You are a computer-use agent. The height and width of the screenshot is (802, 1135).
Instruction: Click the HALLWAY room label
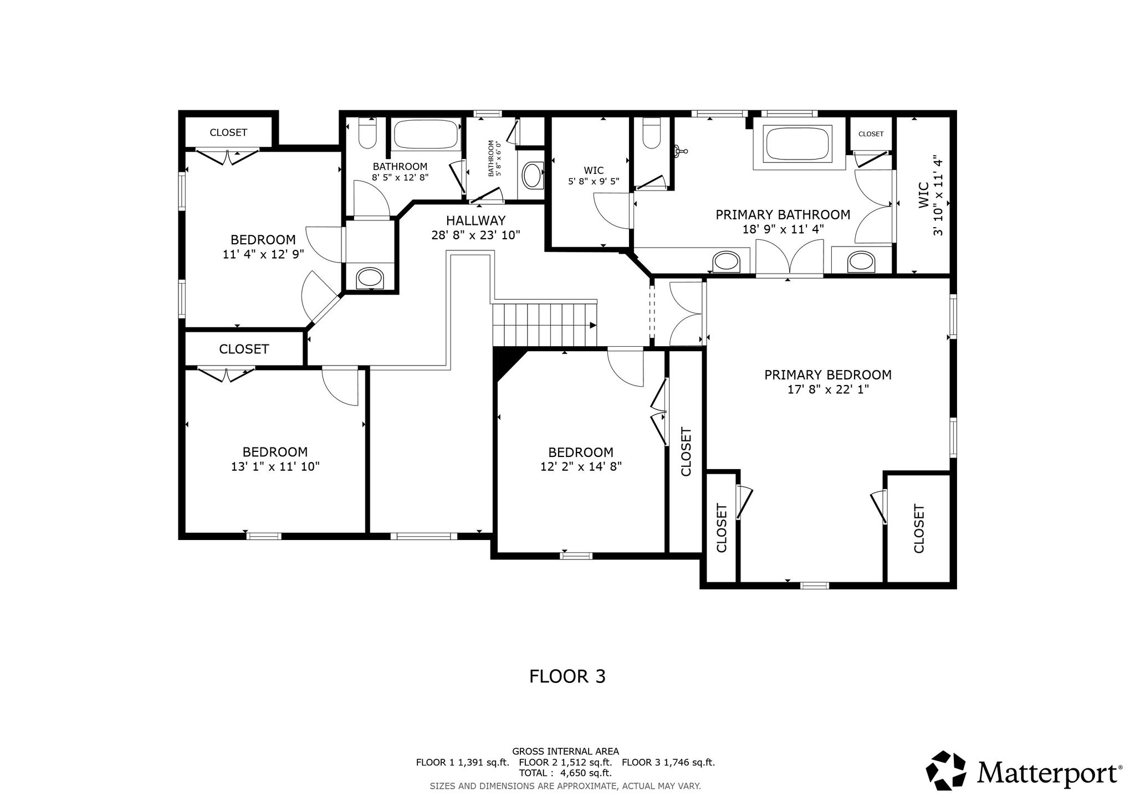476,220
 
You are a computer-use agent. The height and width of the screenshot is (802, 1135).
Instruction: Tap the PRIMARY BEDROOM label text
828,375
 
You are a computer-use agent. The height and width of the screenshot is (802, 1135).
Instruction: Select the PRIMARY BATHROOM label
783,215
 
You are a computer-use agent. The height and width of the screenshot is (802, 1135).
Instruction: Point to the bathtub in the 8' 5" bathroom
426,134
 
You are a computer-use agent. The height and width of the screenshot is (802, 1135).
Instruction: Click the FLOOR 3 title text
567,676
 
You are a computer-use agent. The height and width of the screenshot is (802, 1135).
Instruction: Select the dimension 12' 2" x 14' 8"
581,467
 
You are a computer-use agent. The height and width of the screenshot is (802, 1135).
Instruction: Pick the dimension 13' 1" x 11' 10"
275,467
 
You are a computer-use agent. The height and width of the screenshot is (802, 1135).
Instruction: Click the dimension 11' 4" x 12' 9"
263,254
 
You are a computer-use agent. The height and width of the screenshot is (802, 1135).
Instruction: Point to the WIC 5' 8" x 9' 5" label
594,176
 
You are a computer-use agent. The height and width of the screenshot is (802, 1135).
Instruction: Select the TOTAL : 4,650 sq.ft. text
565,773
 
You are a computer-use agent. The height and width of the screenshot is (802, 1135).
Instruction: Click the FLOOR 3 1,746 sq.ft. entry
668,762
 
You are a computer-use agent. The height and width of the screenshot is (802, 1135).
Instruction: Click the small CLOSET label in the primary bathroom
871,134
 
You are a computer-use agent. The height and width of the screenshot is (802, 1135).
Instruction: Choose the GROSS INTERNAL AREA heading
565,752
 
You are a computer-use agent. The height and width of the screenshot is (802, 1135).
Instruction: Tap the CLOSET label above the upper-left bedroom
228,132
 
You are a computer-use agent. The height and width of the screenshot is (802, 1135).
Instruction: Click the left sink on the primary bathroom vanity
726,262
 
